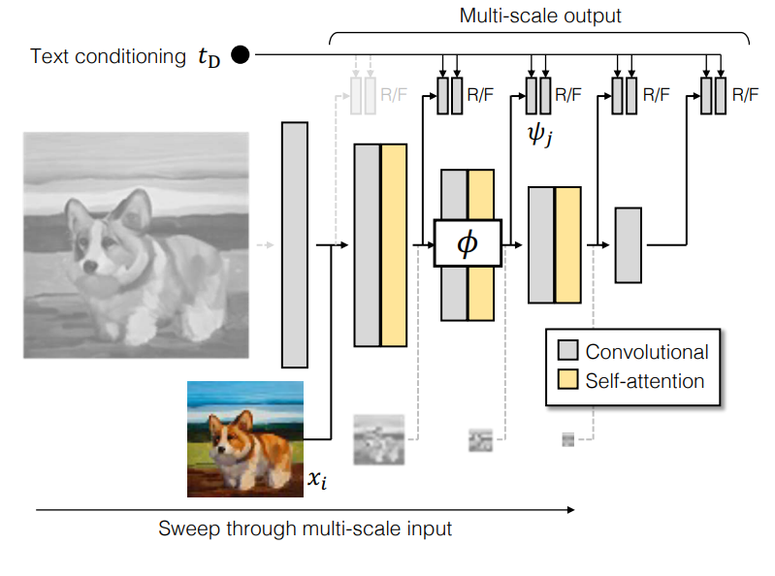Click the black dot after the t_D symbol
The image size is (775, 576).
[x=241, y=55]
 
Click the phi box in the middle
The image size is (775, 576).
[x=468, y=243]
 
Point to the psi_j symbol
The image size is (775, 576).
[x=539, y=135]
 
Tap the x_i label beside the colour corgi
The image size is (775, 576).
[x=317, y=479]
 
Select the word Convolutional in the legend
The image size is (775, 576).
[x=647, y=352]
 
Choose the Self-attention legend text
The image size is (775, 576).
[x=644, y=381]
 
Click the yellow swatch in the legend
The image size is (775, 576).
[x=567, y=379]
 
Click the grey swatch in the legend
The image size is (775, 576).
[x=567, y=350]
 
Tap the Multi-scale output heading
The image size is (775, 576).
[x=539, y=16]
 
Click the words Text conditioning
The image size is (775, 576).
[x=108, y=56]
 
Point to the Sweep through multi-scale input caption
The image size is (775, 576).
[x=305, y=528]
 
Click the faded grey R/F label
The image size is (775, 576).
[x=394, y=94]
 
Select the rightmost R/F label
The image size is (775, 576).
[x=745, y=94]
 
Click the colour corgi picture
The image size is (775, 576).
[x=245, y=439]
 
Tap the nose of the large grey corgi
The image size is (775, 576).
[x=90, y=268]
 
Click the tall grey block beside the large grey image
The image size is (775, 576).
[x=295, y=245]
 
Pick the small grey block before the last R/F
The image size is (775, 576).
[x=629, y=245]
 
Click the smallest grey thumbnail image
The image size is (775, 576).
[x=567, y=439]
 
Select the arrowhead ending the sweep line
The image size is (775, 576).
[x=571, y=509]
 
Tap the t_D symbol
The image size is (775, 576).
[x=209, y=57]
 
